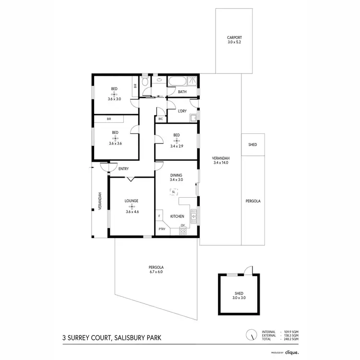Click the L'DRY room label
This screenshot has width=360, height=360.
point(182,111)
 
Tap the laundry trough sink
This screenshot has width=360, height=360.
point(193,117)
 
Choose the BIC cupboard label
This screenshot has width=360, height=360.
point(160,119)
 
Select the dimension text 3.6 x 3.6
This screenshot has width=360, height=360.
point(115,143)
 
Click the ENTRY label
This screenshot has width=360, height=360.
point(123,168)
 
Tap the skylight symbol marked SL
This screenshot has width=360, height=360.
point(173,192)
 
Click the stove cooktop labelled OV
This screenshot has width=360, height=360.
point(182,231)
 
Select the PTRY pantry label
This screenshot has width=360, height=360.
point(162,229)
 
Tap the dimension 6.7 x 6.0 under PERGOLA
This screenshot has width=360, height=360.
point(156,272)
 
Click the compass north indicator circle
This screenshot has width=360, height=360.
point(250,335)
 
